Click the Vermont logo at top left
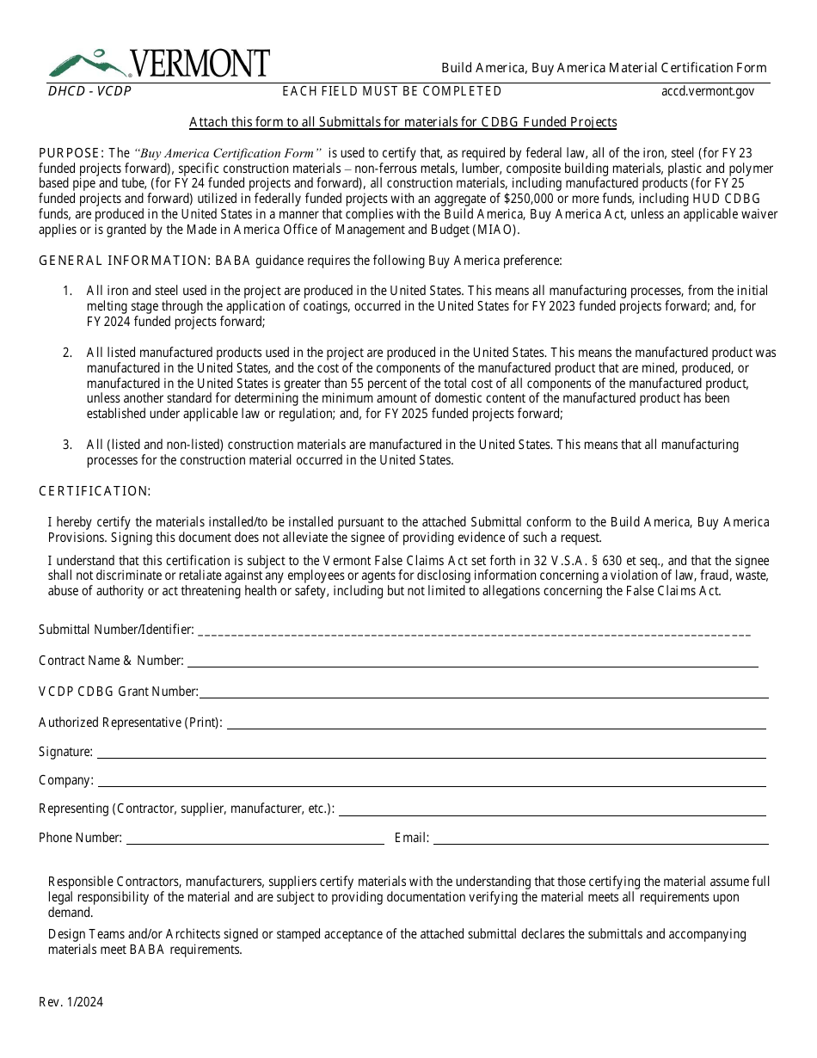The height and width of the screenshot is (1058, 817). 159,64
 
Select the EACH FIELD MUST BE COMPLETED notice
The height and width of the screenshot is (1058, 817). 392,91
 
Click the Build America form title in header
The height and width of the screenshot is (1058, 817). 604,68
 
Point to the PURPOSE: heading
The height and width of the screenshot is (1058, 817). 71,153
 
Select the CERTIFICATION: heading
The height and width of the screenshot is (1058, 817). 95,491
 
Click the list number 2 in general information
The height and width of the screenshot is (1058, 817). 67,353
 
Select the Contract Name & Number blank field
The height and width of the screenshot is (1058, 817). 473,662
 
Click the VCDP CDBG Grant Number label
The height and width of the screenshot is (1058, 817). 119,692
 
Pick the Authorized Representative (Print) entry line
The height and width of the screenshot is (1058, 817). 495,724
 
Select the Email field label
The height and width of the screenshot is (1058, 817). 411,838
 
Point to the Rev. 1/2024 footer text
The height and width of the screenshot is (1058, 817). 71,1002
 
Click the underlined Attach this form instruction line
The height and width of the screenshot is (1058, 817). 402,122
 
